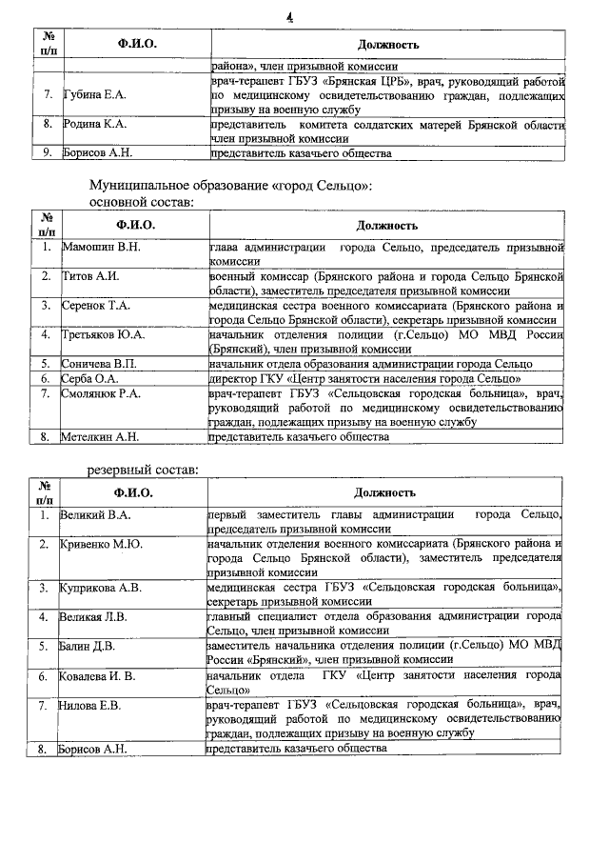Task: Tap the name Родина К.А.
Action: (95, 124)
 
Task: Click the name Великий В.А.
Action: (94, 515)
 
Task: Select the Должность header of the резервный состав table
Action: (386, 492)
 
